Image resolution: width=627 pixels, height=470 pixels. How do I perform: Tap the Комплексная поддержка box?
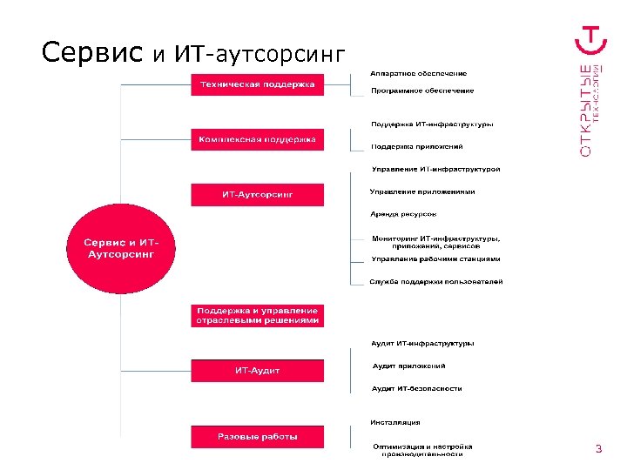click(258, 139)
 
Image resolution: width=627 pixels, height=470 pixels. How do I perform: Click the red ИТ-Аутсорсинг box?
click(258, 194)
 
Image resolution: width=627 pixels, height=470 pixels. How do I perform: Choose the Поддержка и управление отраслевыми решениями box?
click(258, 315)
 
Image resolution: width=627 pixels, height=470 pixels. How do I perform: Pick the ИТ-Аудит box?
click(258, 371)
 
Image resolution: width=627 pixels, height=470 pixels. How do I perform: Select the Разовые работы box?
click(258, 436)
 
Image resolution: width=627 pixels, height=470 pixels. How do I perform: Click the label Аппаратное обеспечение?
click(418, 72)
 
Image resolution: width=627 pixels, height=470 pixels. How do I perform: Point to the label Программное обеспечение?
click(422, 91)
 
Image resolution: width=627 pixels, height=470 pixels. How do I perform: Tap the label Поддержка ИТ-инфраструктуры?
click(432, 124)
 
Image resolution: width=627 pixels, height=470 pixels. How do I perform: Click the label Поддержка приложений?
click(417, 146)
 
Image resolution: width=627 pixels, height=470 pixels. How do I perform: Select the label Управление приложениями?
click(422, 191)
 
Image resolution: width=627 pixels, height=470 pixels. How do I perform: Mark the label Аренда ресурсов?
click(403, 214)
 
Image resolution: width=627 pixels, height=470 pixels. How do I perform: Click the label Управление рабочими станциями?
click(435, 258)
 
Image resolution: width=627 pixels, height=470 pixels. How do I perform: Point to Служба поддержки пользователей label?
click(435, 281)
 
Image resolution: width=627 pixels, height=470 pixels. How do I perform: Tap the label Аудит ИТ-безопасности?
click(416, 388)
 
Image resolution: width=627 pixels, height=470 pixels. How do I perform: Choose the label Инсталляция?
click(394, 423)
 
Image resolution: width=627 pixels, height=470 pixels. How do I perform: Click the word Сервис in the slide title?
click(92, 53)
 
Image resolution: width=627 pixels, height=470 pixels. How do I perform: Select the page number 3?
click(598, 449)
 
